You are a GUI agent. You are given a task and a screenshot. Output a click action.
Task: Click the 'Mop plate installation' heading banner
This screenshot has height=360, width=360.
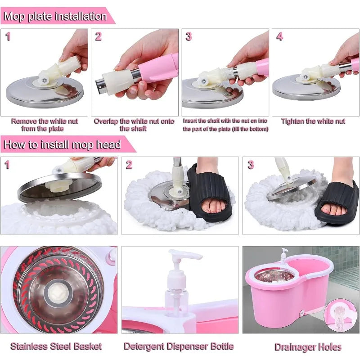coord(55,17)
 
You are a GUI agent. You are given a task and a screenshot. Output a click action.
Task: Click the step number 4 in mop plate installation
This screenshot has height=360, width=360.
coord(279,37)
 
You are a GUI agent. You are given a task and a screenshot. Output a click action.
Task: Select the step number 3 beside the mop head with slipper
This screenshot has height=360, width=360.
coord(251,165)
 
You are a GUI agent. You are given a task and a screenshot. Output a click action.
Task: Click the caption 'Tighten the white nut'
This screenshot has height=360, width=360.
coord(313,121)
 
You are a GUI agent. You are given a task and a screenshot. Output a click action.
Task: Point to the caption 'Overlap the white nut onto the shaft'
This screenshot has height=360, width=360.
coord(134,125)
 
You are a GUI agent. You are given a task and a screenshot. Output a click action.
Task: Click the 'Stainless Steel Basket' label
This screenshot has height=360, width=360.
coord(56,346)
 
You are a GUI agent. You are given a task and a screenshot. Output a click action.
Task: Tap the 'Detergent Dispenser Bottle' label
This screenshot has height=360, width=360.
coord(179,346)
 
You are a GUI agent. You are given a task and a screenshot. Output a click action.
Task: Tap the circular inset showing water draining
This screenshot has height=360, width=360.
coord(340,315)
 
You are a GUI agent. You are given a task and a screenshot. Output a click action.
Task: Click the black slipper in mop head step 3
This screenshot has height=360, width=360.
coord(337,202)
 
